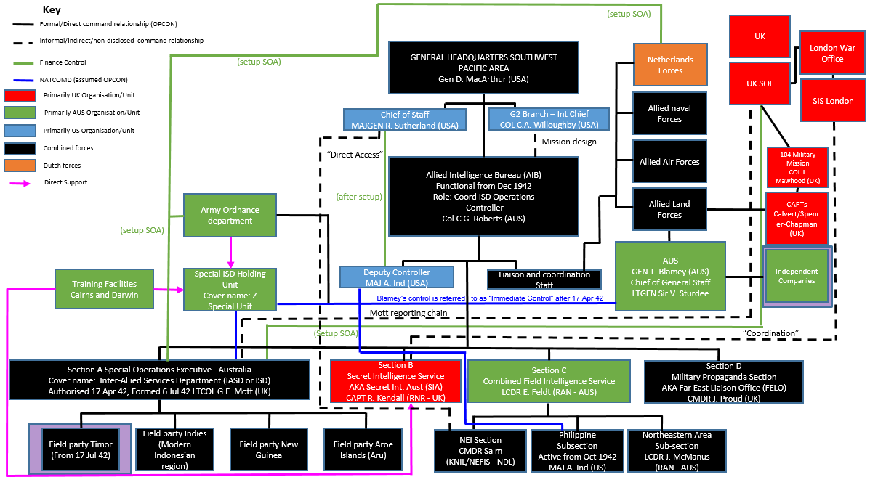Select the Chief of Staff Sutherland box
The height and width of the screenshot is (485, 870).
coord(404,120)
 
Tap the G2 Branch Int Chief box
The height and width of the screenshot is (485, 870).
coord(548,120)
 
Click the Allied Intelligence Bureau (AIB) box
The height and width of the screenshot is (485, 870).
coord(483,197)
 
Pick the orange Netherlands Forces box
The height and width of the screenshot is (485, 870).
coord(669,65)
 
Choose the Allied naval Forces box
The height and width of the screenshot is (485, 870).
coord(669,113)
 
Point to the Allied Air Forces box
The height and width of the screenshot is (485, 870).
coord(669,162)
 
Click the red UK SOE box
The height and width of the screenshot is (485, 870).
coord(760,83)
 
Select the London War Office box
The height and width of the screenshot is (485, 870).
coord(832,53)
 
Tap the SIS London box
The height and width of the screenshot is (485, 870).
coord(832,100)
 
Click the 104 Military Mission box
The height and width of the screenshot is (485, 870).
coord(797,167)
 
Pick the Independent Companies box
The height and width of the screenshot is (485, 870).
coord(796,276)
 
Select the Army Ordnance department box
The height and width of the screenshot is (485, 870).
coord(230,215)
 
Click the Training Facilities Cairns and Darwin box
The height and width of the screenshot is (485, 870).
coord(104,289)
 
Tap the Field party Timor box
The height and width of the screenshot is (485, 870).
coord(79,449)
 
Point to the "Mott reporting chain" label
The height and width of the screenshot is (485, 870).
coord(408,313)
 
